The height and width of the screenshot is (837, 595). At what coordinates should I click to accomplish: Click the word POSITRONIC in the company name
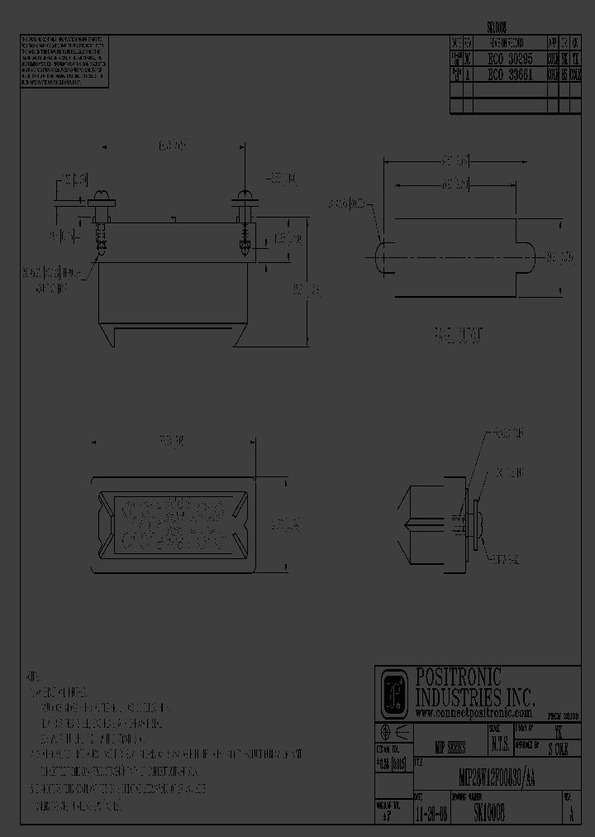(459, 677)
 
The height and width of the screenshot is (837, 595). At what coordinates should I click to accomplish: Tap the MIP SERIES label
(450, 747)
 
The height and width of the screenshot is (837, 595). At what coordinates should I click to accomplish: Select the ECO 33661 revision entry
(508, 73)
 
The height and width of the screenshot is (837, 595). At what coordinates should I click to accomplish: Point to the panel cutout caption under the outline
(459, 335)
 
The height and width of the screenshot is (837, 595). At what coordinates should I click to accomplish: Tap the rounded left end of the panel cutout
(383, 256)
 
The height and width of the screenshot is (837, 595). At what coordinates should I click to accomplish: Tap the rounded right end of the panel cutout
(528, 256)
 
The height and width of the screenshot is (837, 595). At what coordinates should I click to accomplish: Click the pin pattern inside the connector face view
(172, 524)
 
